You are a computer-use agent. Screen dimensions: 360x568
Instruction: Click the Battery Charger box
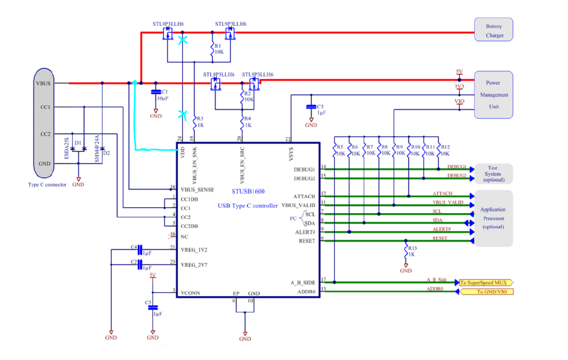(494, 30)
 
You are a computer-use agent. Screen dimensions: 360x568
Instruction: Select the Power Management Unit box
(494, 95)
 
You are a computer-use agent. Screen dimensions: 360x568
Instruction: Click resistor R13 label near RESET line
(413, 249)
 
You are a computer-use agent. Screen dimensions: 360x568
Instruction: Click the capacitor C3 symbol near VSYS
(311, 107)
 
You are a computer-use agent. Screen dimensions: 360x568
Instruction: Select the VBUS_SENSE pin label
(197, 190)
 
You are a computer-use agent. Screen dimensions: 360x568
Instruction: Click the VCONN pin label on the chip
(191, 292)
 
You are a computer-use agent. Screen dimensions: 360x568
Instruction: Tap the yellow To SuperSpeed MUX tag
(486, 283)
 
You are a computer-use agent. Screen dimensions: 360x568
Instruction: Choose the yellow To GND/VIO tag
(486, 292)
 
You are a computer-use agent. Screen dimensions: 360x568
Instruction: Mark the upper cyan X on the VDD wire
(182, 40)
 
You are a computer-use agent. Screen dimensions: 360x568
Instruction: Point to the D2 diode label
(106, 153)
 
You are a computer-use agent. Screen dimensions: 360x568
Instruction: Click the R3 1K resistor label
(200, 122)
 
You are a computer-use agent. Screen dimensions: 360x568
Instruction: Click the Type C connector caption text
(47, 185)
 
